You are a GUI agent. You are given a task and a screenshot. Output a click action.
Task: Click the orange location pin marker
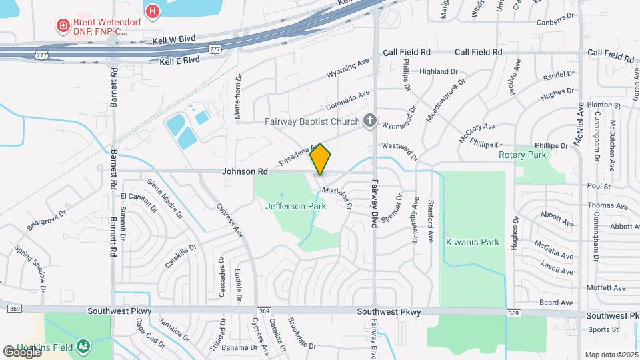321,159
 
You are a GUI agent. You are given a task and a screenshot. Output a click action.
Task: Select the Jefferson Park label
295,206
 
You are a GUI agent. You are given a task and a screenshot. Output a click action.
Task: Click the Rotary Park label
522,155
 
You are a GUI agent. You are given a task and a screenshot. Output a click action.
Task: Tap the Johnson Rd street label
245,171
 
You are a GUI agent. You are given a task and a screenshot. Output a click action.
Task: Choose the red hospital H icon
153,11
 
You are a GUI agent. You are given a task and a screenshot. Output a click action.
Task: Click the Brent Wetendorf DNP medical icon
63,27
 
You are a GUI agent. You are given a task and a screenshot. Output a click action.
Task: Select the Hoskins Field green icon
83,346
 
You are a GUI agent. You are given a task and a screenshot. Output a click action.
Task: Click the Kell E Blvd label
179,60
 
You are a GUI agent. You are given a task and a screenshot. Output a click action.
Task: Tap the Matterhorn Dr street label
238,97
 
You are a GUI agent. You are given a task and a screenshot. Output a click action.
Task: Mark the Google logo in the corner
22,351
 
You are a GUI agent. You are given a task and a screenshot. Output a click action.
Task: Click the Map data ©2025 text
611,355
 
